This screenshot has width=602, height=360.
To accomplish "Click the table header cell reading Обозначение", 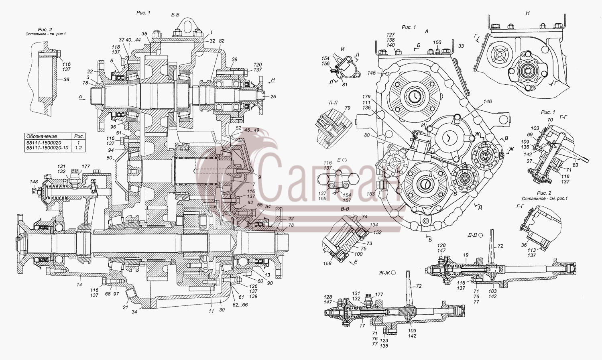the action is pos(42,136).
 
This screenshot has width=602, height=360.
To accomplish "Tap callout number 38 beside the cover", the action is pos(66,79).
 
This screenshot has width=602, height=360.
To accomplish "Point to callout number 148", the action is pos(34,182).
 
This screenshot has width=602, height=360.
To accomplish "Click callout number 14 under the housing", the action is pos(79,285).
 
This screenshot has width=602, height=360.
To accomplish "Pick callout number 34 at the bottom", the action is pos(134,312).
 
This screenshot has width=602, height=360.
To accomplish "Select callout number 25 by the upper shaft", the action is pos(273,97).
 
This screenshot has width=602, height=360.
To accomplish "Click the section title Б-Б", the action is pos(175,15).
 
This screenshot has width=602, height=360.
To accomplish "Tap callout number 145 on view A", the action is pos(372,73).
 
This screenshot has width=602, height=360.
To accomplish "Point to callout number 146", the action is pos(488,101).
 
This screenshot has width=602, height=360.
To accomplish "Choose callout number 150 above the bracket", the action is pos(437,43).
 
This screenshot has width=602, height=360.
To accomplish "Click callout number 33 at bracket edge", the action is pos(461,46).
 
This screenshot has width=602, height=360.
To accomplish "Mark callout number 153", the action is pos(371,193).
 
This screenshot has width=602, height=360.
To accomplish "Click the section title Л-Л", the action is pos(333,102).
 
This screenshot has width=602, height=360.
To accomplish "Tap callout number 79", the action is pos(348,108).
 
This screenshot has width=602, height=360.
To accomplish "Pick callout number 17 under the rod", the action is pos(362,326).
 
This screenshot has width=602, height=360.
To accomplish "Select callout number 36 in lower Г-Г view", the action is pos(524,245).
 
